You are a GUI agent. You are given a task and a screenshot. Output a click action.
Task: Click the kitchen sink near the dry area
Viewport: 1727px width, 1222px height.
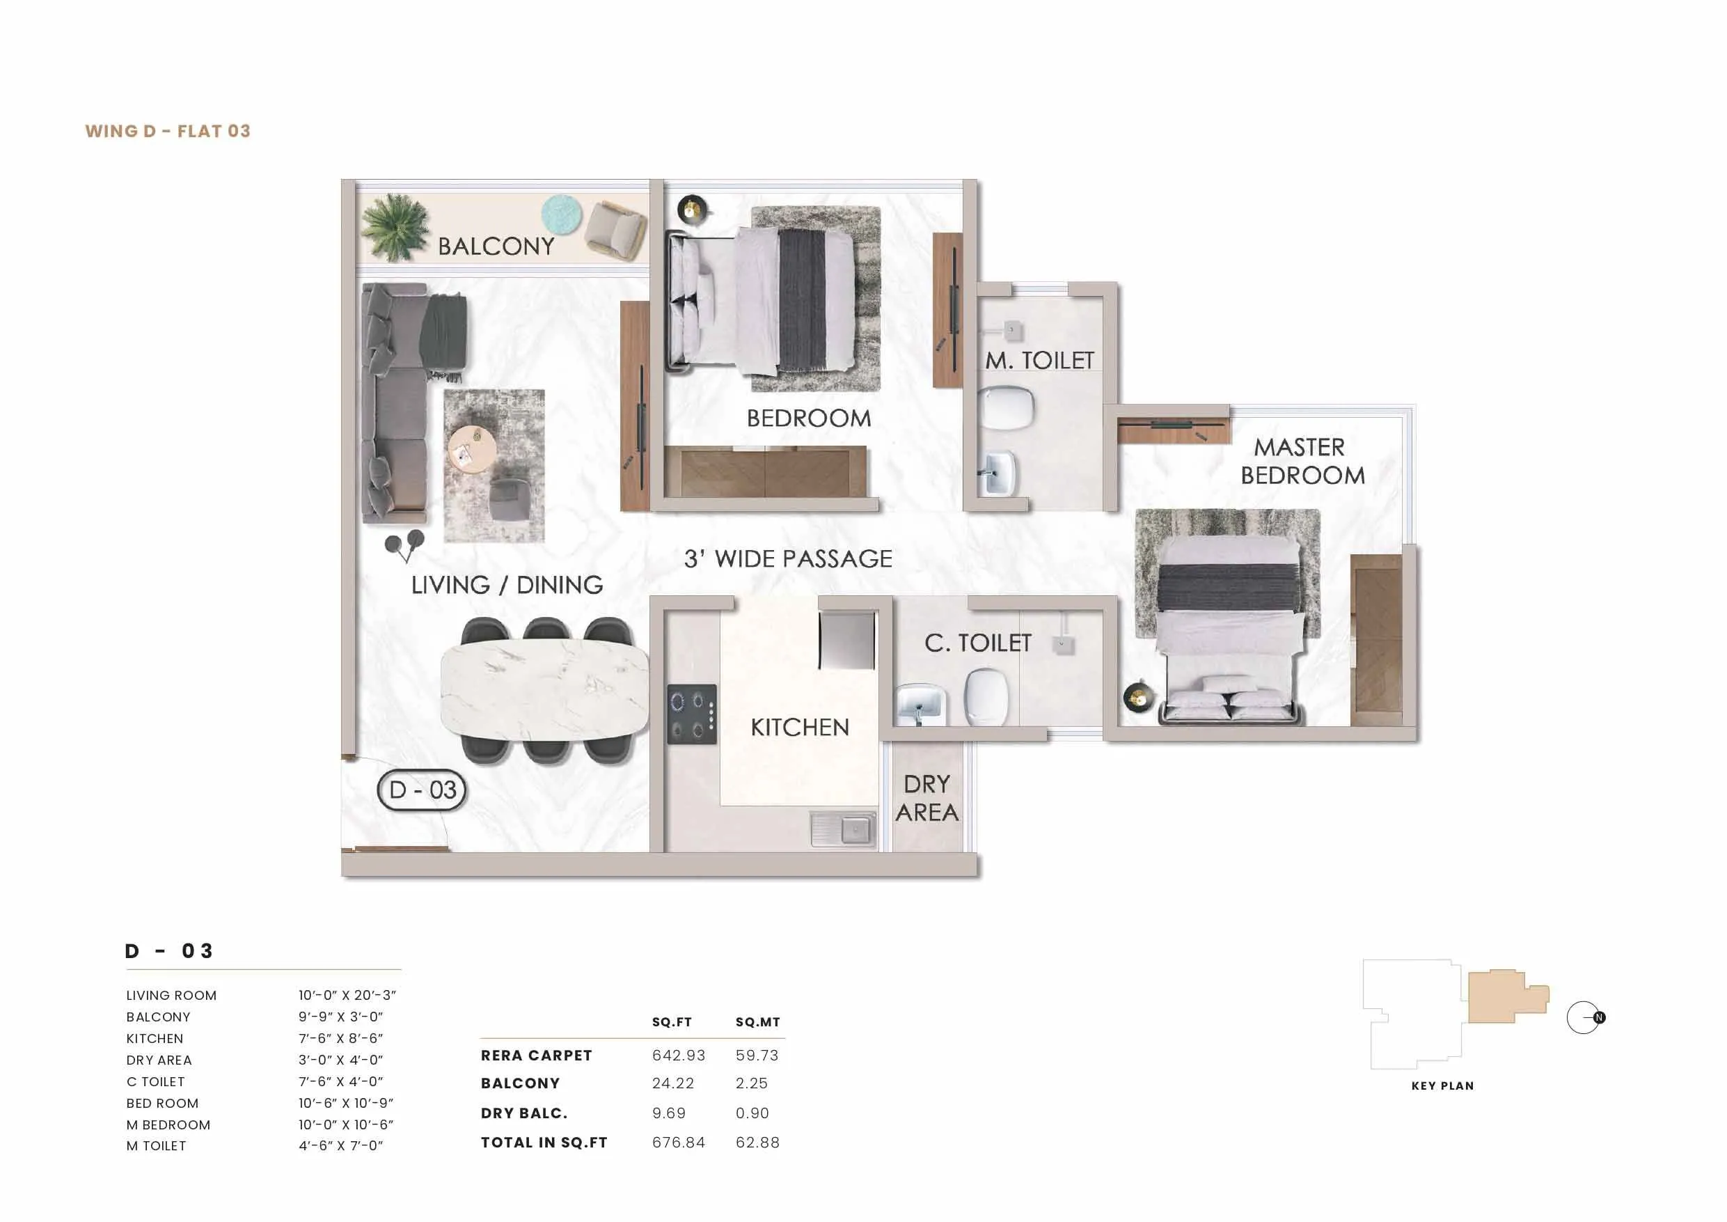coord(843,829)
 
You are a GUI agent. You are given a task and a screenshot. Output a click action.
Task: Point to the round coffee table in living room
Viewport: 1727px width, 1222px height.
coord(471,449)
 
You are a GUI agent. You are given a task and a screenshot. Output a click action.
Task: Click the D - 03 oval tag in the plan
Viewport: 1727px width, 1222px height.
coord(421,790)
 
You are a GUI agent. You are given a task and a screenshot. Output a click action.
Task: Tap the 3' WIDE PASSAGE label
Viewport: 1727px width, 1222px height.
coord(787,559)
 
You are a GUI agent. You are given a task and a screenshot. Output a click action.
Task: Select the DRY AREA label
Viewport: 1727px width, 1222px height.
coord(926,799)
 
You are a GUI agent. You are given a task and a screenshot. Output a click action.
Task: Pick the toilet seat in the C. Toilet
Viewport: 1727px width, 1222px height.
coord(986,697)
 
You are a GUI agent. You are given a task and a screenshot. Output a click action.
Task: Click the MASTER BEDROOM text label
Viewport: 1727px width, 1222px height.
coord(1301,461)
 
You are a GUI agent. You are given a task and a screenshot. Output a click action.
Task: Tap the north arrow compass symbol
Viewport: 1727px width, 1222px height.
coord(1585,1017)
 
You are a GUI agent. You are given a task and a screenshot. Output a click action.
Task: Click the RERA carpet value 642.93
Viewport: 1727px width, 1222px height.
coord(679,1055)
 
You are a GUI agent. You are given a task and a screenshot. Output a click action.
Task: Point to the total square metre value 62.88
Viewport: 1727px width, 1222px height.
coord(757,1142)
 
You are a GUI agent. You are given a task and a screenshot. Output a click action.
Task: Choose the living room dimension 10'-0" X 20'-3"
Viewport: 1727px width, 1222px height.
coord(347,995)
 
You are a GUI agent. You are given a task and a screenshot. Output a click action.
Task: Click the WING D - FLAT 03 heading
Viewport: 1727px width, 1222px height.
coord(168,131)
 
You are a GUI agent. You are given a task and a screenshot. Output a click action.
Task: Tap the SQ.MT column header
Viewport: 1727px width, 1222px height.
coord(757,1022)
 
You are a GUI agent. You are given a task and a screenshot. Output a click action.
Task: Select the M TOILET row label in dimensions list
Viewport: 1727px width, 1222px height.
coord(156,1146)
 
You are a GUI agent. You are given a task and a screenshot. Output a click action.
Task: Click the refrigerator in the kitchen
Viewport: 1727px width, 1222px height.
coord(847,640)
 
